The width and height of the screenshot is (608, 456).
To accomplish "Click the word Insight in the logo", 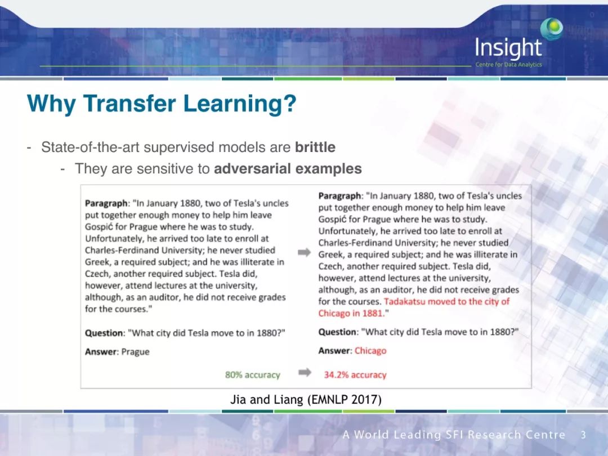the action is point(508,48).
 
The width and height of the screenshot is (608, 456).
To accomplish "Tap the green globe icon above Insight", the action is point(551,29).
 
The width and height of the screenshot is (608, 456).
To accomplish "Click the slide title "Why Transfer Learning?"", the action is point(162,104).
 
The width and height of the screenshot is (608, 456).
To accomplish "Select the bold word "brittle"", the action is point(315,147).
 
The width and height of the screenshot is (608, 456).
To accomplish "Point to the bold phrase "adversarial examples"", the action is point(288,169).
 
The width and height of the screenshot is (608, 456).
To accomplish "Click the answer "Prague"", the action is point(135,352).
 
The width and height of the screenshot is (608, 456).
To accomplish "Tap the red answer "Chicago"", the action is point(370,351).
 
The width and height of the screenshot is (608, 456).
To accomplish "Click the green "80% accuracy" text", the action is point(252,375).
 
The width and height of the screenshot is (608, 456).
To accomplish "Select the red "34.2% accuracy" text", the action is point(355,375).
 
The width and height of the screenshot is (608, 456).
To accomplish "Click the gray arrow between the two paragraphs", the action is point(305,253).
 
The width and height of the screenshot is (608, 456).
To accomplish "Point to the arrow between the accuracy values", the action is point(305,373).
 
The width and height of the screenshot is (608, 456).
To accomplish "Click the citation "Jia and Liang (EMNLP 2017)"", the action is point(306,399).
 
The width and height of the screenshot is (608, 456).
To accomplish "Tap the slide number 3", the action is point(583,435).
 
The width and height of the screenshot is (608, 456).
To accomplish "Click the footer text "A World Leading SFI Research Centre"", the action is point(454,435).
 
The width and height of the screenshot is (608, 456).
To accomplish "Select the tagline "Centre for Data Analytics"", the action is point(509,65).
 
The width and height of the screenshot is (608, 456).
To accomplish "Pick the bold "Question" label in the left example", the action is point(104,333).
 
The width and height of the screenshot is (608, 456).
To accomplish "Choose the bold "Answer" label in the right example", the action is point(335,351).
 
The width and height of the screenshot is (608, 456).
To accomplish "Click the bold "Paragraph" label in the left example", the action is point(106,204).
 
